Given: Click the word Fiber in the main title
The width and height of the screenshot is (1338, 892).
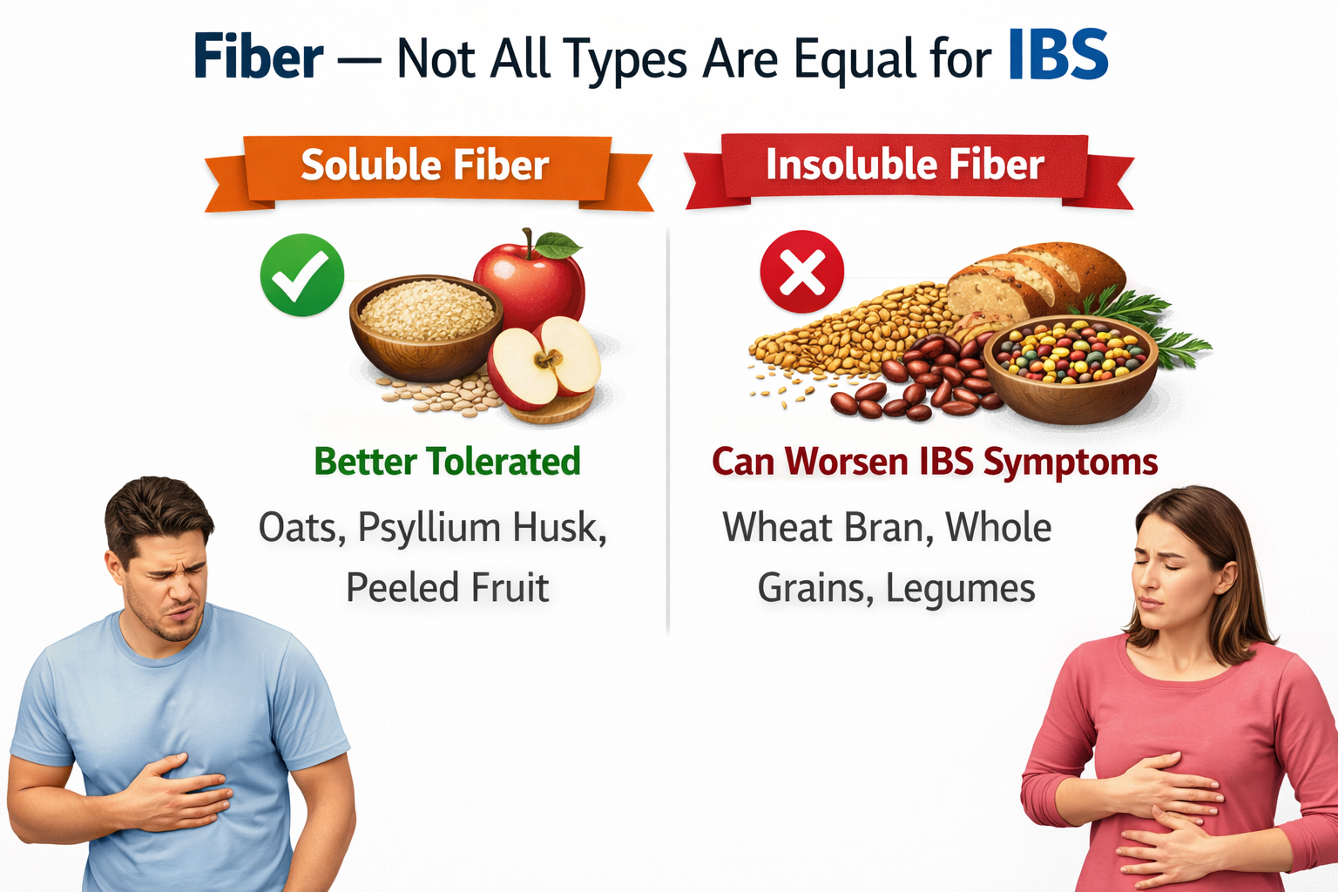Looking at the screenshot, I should click(258, 57).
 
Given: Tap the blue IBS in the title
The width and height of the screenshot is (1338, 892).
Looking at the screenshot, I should click(1058, 56).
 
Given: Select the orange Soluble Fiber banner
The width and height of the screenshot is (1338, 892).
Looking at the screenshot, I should click(426, 166).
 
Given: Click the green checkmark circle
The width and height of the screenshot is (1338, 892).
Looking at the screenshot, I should click(301, 274).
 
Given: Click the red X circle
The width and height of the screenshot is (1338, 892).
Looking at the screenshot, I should click(801, 272).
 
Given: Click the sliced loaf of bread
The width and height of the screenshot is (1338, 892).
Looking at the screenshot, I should click(1032, 278).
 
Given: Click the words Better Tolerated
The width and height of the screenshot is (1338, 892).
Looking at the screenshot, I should click(447, 462).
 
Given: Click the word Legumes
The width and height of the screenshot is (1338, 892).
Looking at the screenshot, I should click(960, 588).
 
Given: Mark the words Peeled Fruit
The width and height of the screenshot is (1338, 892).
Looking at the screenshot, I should click(447, 588).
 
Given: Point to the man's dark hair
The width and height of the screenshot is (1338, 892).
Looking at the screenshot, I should click(157, 510).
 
